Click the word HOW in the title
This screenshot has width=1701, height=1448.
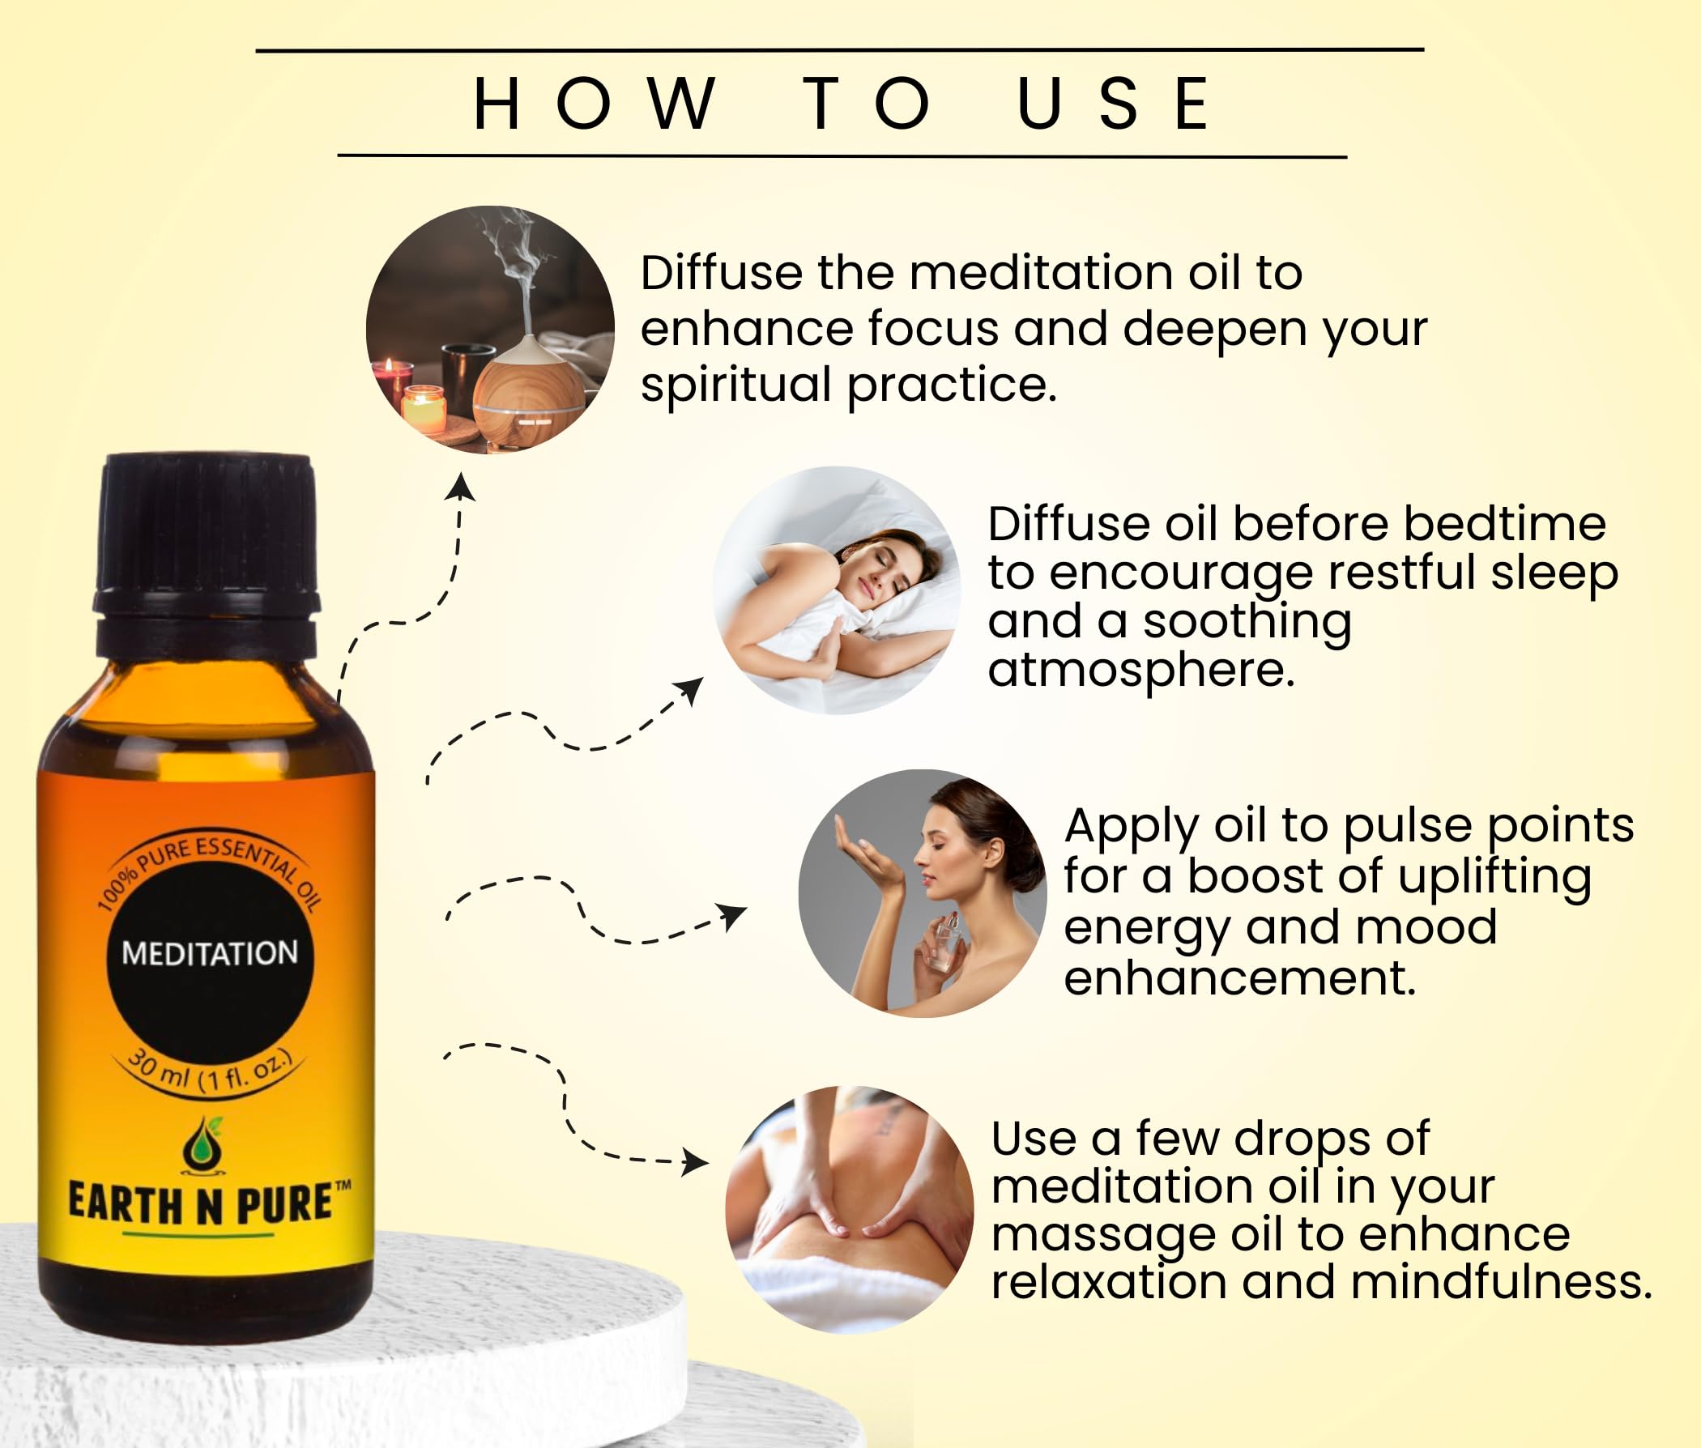[x=595, y=104]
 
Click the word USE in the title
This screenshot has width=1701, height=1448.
[x=1114, y=104]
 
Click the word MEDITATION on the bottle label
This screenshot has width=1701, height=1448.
[x=209, y=953]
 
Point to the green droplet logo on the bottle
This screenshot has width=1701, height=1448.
[x=202, y=1144]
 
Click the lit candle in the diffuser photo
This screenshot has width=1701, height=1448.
[x=423, y=408]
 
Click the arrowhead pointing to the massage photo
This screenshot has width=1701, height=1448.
[x=695, y=1161]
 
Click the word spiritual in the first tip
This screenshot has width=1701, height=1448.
[x=735, y=385]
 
